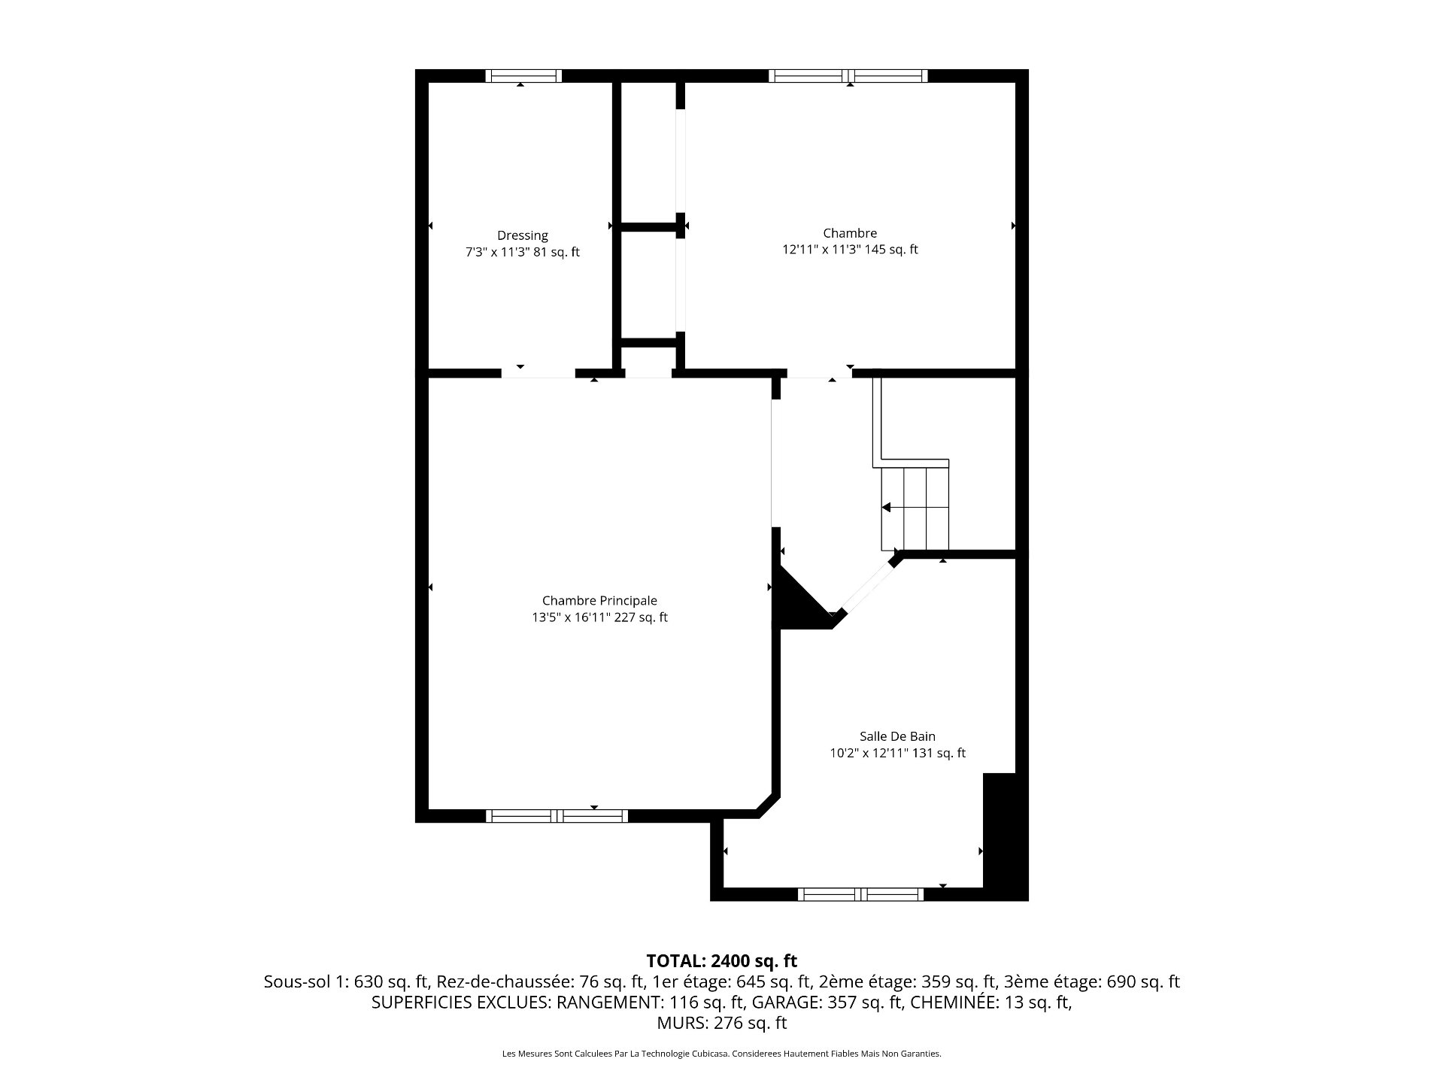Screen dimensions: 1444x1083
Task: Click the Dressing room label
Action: [x=523, y=235]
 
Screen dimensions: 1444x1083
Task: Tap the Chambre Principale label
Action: [x=599, y=600]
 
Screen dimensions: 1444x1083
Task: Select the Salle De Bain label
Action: [x=897, y=736]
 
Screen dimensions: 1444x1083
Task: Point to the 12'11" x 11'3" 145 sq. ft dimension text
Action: [x=850, y=250]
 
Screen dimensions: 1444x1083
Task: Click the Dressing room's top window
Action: [x=523, y=75]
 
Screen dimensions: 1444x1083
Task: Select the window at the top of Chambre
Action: [x=848, y=75]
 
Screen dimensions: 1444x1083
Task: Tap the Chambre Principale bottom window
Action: [x=557, y=816]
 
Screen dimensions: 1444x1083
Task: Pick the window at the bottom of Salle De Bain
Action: [x=860, y=894]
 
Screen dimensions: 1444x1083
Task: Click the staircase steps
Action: [x=915, y=508]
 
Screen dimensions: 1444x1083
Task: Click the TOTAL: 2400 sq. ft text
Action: [x=722, y=961]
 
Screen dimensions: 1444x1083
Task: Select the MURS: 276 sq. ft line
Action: [x=722, y=1023]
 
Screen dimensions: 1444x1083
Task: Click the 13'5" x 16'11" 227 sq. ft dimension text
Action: [x=599, y=617]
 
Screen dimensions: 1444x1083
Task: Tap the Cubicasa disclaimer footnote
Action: [x=722, y=1054]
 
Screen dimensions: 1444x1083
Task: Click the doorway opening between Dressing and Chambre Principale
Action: [x=538, y=373]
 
